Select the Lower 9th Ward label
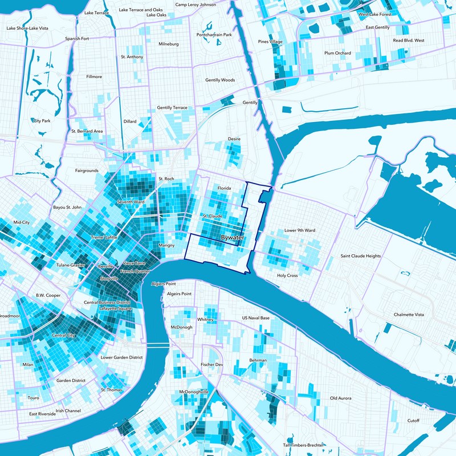tap(299, 231)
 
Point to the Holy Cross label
tap(287, 275)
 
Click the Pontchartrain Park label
tap(214, 35)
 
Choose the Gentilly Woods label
tap(220, 80)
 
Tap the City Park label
tap(42, 121)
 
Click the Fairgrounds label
tap(87, 170)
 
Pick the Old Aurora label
tap(343, 398)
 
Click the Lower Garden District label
tap(121, 357)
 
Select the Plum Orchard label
tap(337, 53)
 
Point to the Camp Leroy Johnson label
tap(196, 5)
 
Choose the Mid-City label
tap(21, 222)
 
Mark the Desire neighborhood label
tap(234, 139)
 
